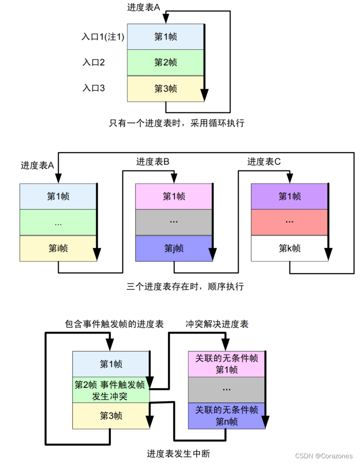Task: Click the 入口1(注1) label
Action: tap(102, 37)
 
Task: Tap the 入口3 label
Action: tap(93, 88)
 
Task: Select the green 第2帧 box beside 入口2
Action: tap(165, 62)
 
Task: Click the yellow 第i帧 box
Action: tap(58, 248)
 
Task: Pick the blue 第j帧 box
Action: tap(174, 248)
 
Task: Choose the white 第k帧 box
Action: tap(289, 248)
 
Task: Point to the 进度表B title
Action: tap(153, 162)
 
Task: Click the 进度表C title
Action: tap(264, 162)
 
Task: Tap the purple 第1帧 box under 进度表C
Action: tap(289, 196)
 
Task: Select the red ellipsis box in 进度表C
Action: tap(289, 222)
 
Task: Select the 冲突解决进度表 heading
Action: tap(217, 324)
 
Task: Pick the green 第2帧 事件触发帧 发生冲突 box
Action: tap(110, 390)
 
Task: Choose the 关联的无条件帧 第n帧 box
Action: tap(226, 416)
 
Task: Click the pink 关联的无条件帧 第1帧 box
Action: tap(226, 364)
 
